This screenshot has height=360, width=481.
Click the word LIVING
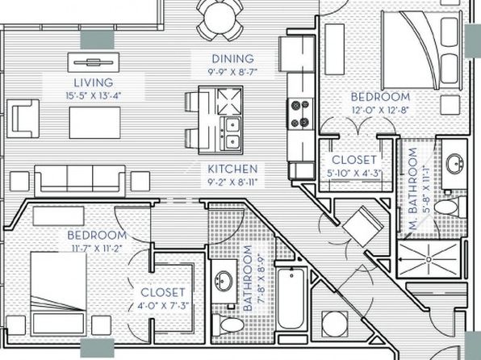[94, 82]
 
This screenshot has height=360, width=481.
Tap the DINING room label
[232, 59]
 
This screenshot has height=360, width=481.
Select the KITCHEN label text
[232, 169]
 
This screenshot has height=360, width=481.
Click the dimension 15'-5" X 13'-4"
[94, 96]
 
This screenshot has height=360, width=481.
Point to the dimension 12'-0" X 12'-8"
[380, 110]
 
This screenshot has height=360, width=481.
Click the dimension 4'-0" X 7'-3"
[163, 306]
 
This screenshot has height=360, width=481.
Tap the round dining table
[220, 17]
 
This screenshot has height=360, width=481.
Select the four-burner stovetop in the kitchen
[300, 114]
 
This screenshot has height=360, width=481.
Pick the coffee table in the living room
[94, 123]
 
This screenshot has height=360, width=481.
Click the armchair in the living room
[23, 119]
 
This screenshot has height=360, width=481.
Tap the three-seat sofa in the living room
[80, 181]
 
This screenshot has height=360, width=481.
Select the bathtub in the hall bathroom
[291, 299]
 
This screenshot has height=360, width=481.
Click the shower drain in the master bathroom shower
[429, 259]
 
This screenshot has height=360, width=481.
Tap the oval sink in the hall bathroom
[224, 281]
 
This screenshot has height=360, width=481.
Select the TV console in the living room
[94, 63]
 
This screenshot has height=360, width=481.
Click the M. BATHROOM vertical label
[414, 189]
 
